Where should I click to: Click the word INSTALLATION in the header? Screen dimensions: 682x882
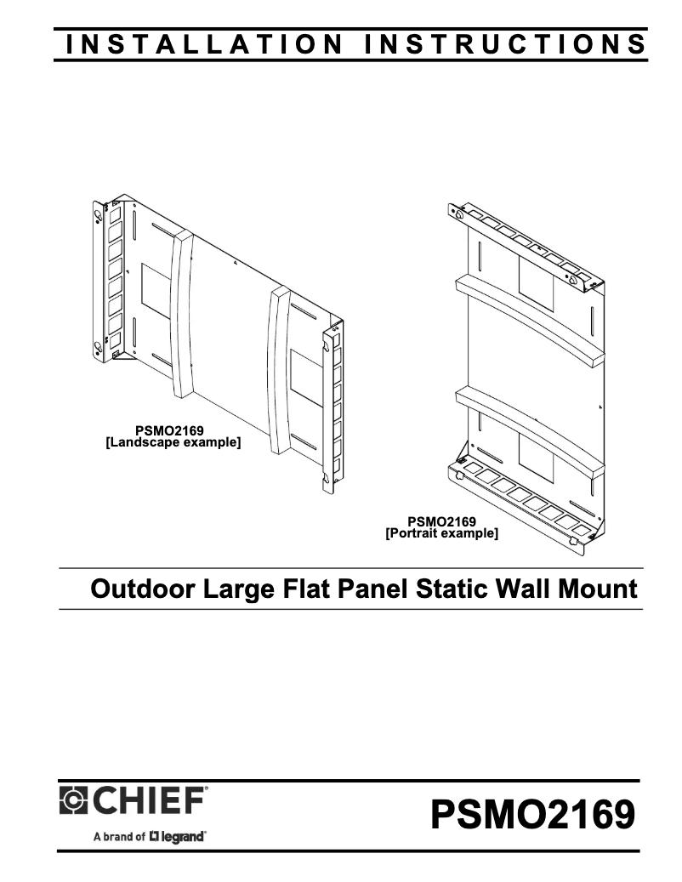coord(203,44)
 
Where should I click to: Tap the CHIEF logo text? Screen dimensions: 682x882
coord(148,801)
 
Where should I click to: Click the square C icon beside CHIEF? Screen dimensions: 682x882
coord(74,801)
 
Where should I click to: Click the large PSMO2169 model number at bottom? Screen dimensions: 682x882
coord(532,814)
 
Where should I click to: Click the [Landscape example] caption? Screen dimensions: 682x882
coord(173,442)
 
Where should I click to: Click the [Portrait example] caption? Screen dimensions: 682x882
coord(442,532)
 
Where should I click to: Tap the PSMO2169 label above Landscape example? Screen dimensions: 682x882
coord(169,431)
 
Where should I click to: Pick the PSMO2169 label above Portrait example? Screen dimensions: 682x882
coord(442,522)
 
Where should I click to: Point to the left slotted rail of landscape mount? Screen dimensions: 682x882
coord(108,280)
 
